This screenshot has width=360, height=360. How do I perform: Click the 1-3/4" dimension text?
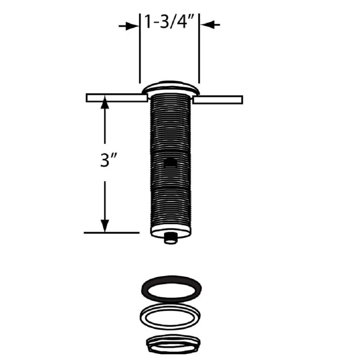pos(168,21)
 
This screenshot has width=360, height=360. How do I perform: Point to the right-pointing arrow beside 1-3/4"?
pos(129,26)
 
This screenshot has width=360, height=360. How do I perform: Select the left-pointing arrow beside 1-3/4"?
pos(210,24)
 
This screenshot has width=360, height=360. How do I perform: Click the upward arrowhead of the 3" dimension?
pos(105,102)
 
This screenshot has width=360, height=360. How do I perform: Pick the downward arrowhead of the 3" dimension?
pos(105,226)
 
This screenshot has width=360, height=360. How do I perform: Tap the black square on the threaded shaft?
pos(170,162)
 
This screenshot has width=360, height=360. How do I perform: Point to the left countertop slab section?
pos(117,98)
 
